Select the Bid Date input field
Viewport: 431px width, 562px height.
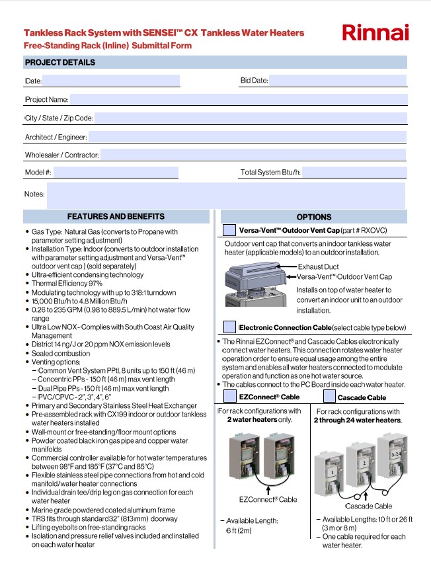tap(337, 81)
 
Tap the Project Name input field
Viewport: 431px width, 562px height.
tap(238, 99)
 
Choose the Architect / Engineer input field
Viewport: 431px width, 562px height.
tap(247, 137)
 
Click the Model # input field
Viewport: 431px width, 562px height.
tap(116, 173)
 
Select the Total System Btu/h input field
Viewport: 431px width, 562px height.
tap(354, 173)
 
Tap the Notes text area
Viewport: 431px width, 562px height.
tap(225, 195)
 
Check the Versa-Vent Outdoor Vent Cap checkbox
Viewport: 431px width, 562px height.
tap(229, 230)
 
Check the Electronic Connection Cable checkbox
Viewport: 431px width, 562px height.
tap(229, 327)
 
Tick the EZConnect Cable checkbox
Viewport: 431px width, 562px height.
tap(229, 397)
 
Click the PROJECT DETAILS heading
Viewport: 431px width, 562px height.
tap(60, 63)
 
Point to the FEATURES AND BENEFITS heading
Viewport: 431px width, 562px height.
tap(116, 216)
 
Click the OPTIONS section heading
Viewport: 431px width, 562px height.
tap(314, 217)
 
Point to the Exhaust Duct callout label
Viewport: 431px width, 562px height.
tap(319, 267)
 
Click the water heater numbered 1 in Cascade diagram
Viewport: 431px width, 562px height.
tap(329, 473)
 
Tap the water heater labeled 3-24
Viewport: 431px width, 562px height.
tap(395, 456)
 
